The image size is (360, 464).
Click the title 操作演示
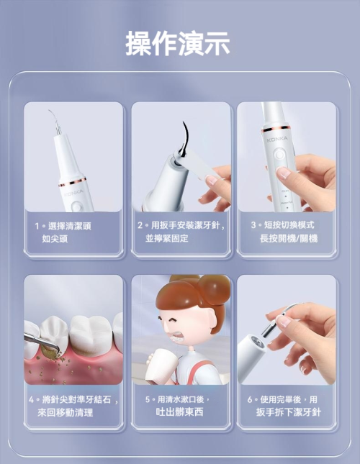(178, 43)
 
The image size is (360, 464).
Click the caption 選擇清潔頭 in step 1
(70, 226)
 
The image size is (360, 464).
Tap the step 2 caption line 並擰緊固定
(167, 239)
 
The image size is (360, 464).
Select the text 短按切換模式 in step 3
(289, 225)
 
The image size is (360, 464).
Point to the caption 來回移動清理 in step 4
(65, 412)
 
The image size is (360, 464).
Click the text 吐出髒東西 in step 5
(180, 412)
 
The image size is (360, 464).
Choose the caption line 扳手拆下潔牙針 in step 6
(289, 412)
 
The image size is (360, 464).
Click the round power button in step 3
(279, 155)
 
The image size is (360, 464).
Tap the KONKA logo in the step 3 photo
(277, 139)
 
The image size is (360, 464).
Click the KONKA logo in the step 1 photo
(74, 193)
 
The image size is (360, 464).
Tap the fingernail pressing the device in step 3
(282, 172)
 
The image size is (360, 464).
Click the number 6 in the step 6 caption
(250, 400)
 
